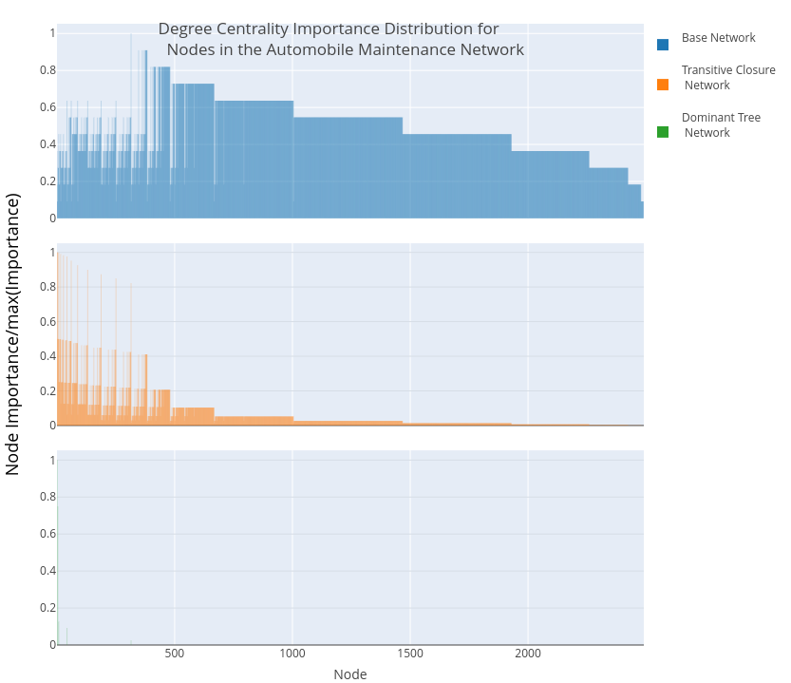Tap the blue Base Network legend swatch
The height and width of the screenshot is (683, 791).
[x=663, y=44]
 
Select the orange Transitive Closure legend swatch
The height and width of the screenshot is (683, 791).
[x=663, y=85]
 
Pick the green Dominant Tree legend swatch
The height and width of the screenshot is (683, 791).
[x=663, y=132]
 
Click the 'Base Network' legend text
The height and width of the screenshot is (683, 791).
[x=718, y=38]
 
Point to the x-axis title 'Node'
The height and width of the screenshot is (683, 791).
[x=349, y=674]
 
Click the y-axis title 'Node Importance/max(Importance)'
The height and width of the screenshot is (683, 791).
[x=13, y=333]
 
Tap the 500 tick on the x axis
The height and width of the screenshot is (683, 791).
[x=175, y=655]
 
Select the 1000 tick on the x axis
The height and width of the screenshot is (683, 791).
[x=292, y=655]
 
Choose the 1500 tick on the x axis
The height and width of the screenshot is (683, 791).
[x=410, y=655]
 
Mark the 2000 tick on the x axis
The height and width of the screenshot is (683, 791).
[x=528, y=655]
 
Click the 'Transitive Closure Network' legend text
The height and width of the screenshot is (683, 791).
[x=727, y=77]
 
